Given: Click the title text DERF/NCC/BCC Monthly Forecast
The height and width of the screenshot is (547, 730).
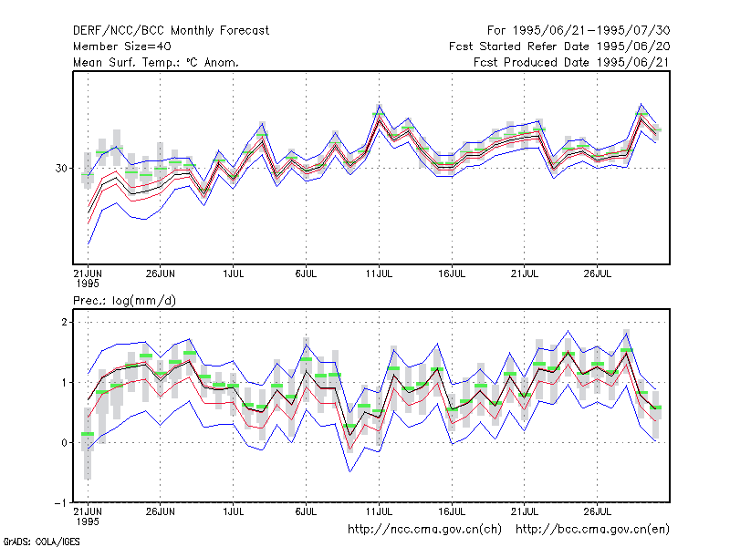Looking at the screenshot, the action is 171,31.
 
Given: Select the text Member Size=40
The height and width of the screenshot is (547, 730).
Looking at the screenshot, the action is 122,46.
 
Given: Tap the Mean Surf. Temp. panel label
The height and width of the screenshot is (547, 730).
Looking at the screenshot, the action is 156,62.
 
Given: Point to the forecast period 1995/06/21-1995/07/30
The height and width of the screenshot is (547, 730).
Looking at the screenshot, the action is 579,31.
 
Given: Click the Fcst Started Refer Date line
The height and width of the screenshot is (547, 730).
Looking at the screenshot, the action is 559,46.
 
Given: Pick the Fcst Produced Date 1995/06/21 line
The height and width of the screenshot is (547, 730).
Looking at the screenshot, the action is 571,62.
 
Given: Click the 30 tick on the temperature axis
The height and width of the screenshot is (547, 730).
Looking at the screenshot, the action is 61,169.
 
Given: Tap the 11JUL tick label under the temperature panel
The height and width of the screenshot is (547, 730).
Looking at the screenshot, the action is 379,273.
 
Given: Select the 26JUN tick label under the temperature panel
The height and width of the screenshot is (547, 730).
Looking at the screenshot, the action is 161,273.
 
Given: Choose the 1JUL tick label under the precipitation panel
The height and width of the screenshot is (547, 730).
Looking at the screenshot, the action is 234,511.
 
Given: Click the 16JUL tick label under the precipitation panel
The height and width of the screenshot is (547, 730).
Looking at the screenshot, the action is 452,511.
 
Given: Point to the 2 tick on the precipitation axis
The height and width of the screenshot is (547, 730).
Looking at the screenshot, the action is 64,323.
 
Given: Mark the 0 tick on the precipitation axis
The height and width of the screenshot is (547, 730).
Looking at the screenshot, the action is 64,443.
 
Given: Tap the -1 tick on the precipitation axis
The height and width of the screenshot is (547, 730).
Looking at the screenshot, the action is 61,503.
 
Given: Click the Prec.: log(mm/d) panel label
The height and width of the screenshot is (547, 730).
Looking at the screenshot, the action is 124,301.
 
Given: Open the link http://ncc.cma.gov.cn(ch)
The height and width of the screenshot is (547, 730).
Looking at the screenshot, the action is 424,530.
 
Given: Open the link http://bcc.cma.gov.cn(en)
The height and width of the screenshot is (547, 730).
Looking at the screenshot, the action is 592,530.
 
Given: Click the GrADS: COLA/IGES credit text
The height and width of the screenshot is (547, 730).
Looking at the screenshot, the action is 41,542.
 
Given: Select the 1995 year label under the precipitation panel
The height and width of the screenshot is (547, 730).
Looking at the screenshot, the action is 88,521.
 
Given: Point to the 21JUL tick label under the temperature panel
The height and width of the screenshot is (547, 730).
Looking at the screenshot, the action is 525,273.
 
